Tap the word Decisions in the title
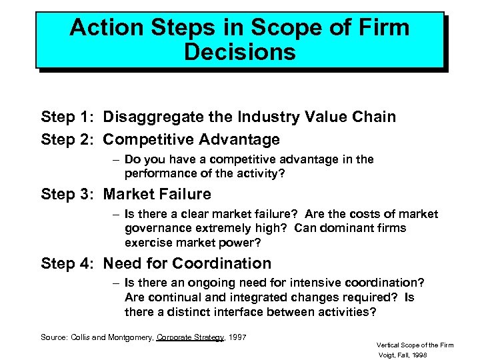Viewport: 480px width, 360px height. [x=239, y=53]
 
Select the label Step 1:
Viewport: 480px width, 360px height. [x=69, y=117]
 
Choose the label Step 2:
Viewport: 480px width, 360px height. [x=69, y=139]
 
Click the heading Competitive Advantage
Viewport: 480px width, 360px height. [x=191, y=139]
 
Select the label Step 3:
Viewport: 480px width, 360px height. [x=69, y=194]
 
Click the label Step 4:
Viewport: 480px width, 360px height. [x=69, y=263]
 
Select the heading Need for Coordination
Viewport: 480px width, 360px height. [x=187, y=263]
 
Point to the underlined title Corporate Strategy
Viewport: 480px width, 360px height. [x=190, y=337]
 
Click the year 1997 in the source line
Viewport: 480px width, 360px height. [x=237, y=337]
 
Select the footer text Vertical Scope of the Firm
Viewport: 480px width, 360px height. [x=415, y=345]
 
